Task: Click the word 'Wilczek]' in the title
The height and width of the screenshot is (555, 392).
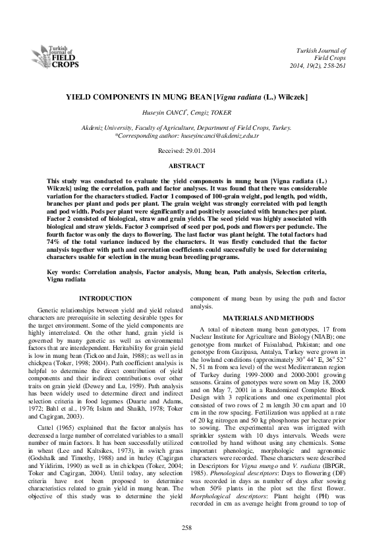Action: (288, 96)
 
